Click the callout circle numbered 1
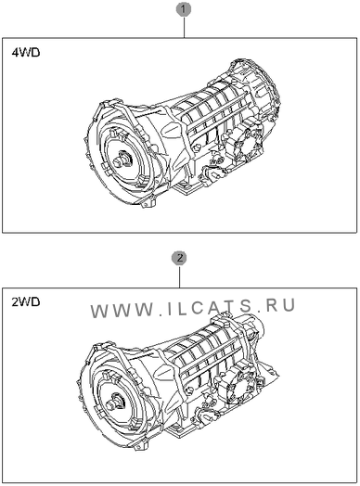(184, 9)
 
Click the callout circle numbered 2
(179, 258)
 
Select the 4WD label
(26, 53)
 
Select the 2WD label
(26, 301)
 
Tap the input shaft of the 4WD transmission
(122, 160)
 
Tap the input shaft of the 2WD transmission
(113, 403)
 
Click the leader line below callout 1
(184, 27)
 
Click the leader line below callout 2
(180, 276)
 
